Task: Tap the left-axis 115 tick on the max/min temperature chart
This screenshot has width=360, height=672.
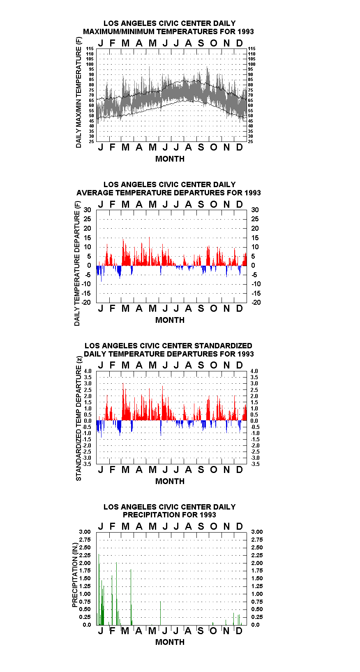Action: [x=90, y=49]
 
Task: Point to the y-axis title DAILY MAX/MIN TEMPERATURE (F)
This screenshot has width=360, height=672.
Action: [x=78, y=93]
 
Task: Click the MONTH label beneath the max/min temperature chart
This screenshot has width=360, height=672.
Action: [x=170, y=159]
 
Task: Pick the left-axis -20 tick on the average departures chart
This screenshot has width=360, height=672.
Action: [x=86, y=302]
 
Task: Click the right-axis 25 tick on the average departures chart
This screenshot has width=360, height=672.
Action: [x=255, y=219]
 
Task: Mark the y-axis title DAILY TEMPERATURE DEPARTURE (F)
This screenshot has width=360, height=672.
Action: [x=77, y=264]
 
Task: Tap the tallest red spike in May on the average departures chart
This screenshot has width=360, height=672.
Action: [x=149, y=251]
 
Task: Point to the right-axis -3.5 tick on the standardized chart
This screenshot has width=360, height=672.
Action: [x=255, y=464]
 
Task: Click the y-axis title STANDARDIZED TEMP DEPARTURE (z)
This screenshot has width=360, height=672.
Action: [x=78, y=419]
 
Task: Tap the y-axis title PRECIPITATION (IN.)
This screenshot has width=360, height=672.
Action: [x=75, y=575]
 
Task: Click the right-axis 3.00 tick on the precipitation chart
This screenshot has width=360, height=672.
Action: [x=257, y=532]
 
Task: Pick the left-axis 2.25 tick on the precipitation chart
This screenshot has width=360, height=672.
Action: [x=85, y=555]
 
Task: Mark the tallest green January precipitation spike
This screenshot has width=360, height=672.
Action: [x=99, y=589]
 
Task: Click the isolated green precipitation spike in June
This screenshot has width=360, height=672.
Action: [x=160, y=613]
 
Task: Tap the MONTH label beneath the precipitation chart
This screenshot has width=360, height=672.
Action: [x=170, y=642]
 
